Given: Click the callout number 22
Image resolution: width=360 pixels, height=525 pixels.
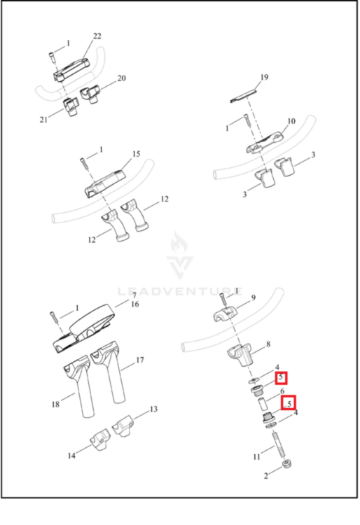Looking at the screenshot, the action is [97, 36].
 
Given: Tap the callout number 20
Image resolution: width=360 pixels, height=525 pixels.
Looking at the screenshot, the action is [122, 78].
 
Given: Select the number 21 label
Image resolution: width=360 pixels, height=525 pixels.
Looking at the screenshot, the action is [43, 120].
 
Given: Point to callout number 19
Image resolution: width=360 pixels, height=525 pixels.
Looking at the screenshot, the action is [264, 77].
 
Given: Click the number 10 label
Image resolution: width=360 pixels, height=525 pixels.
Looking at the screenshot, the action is [291, 121].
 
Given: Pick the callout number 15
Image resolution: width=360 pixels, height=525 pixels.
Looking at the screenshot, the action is [136, 154].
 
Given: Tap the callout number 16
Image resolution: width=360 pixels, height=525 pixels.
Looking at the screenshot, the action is [135, 304].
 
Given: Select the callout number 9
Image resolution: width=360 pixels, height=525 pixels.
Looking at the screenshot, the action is [254, 297].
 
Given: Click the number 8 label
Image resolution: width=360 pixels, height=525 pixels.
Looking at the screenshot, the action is [268, 344].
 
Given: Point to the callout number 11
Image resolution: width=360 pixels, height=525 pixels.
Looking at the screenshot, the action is [256, 456].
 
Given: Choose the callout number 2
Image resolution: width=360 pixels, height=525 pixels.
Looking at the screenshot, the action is [266, 476].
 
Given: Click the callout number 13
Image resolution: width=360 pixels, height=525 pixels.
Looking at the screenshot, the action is [153, 409].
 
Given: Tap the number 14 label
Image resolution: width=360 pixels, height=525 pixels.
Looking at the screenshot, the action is [71, 456].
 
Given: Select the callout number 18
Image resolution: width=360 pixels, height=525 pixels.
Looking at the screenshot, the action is [55, 404].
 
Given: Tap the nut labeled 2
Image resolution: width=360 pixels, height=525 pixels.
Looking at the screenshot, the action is [288, 464].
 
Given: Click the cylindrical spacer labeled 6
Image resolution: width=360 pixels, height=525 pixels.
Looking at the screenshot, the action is [262, 404].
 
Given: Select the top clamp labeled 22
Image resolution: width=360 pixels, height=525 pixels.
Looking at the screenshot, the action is [71, 69].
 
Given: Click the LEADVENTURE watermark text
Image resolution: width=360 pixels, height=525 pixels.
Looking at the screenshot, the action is [180, 291].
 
